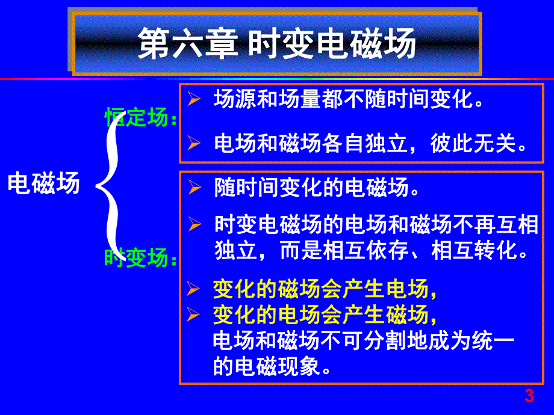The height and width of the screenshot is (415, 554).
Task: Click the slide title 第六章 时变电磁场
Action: coord(277,45)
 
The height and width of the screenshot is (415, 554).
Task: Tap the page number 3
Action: coord(529,396)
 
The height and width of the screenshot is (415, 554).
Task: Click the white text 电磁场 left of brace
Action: coord(43,184)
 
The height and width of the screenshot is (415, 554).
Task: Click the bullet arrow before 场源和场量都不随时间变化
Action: coord(193,100)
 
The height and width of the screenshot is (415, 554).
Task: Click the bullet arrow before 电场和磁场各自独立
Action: coord(193,143)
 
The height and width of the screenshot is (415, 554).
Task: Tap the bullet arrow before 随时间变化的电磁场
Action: coord(193,189)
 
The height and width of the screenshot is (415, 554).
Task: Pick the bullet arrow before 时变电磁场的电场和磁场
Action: coord(193,225)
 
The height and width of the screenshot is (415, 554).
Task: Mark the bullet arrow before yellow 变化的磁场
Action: coord(193,290)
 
